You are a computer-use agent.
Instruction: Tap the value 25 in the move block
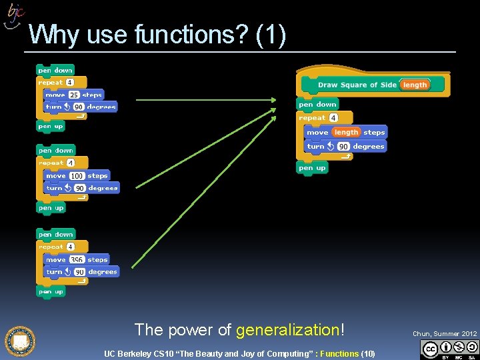74,95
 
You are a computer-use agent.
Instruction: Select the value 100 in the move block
77,176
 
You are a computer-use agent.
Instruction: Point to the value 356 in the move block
77,260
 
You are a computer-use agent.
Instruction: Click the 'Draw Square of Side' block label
357,85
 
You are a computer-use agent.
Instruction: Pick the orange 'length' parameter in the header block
415,85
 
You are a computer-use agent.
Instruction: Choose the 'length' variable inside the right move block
346,132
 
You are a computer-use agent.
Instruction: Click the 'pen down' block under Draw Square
317,105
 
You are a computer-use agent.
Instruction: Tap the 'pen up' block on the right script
312,168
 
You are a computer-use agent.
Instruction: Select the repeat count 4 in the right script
333,118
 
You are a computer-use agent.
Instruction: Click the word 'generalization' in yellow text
288,329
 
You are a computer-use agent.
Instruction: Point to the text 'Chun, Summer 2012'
445,333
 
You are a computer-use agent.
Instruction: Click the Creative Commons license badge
450,349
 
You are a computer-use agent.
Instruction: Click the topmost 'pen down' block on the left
55,70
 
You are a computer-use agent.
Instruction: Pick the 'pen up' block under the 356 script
51,291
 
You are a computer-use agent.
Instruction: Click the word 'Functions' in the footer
339,353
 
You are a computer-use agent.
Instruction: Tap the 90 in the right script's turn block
343,147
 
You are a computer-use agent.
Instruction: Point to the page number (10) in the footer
368,353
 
